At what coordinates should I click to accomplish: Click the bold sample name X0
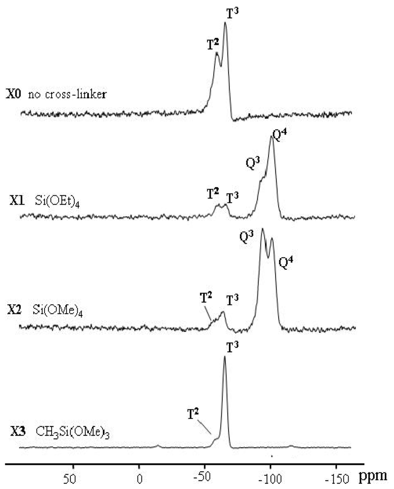14,94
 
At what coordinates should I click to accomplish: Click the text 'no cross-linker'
67,94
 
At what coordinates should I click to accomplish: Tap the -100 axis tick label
270,479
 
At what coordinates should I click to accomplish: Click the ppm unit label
373,477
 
